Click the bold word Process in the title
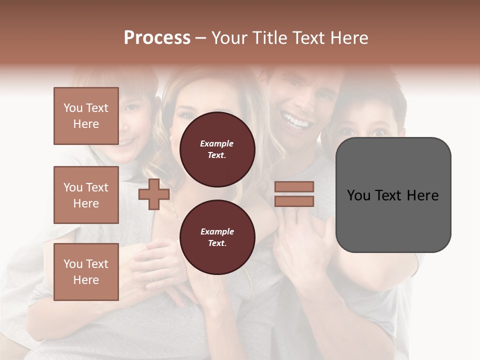pyautogui.click(x=157, y=38)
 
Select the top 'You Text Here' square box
pyautogui.click(x=86, y=116)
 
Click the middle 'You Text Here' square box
pyautogui.click(x=86, y=195)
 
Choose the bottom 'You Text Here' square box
pyautogui.click(x=86, y=272)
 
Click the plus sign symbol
pyautogui.click(x=154, y=194)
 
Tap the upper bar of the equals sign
pyautogui.click(x=294, y=186)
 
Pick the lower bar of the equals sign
pyautogui.click(x=294, y=201)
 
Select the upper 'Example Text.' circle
pyautogui.click(x=217, y=149)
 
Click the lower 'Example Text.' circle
pyautogui.click(x=217, y=237)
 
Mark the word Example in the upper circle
pyautogui.click(x=217, y=143)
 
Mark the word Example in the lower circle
pyautogui.click(x=217, y=231)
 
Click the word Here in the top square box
pyautogui.click(x=86, y=124)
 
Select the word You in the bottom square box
pyautogui.click(x=72, y=264)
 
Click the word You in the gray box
pyautogui.click(x=358, y=195)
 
